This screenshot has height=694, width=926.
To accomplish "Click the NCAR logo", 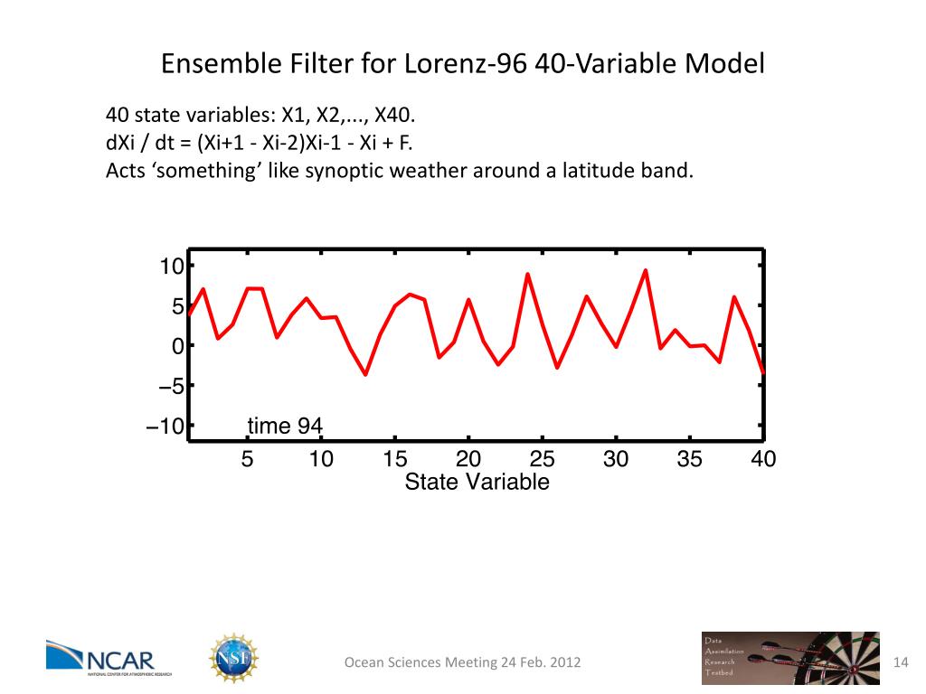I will point(100,658).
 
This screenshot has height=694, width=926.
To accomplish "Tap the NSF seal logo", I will point(233,658).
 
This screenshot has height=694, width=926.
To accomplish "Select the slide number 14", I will point(900,662).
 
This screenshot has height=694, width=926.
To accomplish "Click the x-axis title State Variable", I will point(477,483).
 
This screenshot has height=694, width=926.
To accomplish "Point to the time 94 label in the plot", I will point(285,426).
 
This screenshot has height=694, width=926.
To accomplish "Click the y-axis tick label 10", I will point(172,266).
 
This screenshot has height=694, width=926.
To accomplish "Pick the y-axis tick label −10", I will point(165,427).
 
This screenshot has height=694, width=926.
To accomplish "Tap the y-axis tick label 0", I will point(178,346).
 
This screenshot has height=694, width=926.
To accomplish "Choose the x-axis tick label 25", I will point(542,459).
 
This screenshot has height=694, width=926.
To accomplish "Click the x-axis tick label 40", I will point(763,459).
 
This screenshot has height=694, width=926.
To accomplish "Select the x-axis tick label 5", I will point(247,459).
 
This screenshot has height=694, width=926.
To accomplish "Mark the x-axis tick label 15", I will point(394,459).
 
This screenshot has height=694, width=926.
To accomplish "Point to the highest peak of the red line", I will point(646,270).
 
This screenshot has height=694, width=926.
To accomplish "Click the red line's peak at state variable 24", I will point(527,274).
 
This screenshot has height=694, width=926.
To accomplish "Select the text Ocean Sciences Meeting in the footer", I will point(420,663).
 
